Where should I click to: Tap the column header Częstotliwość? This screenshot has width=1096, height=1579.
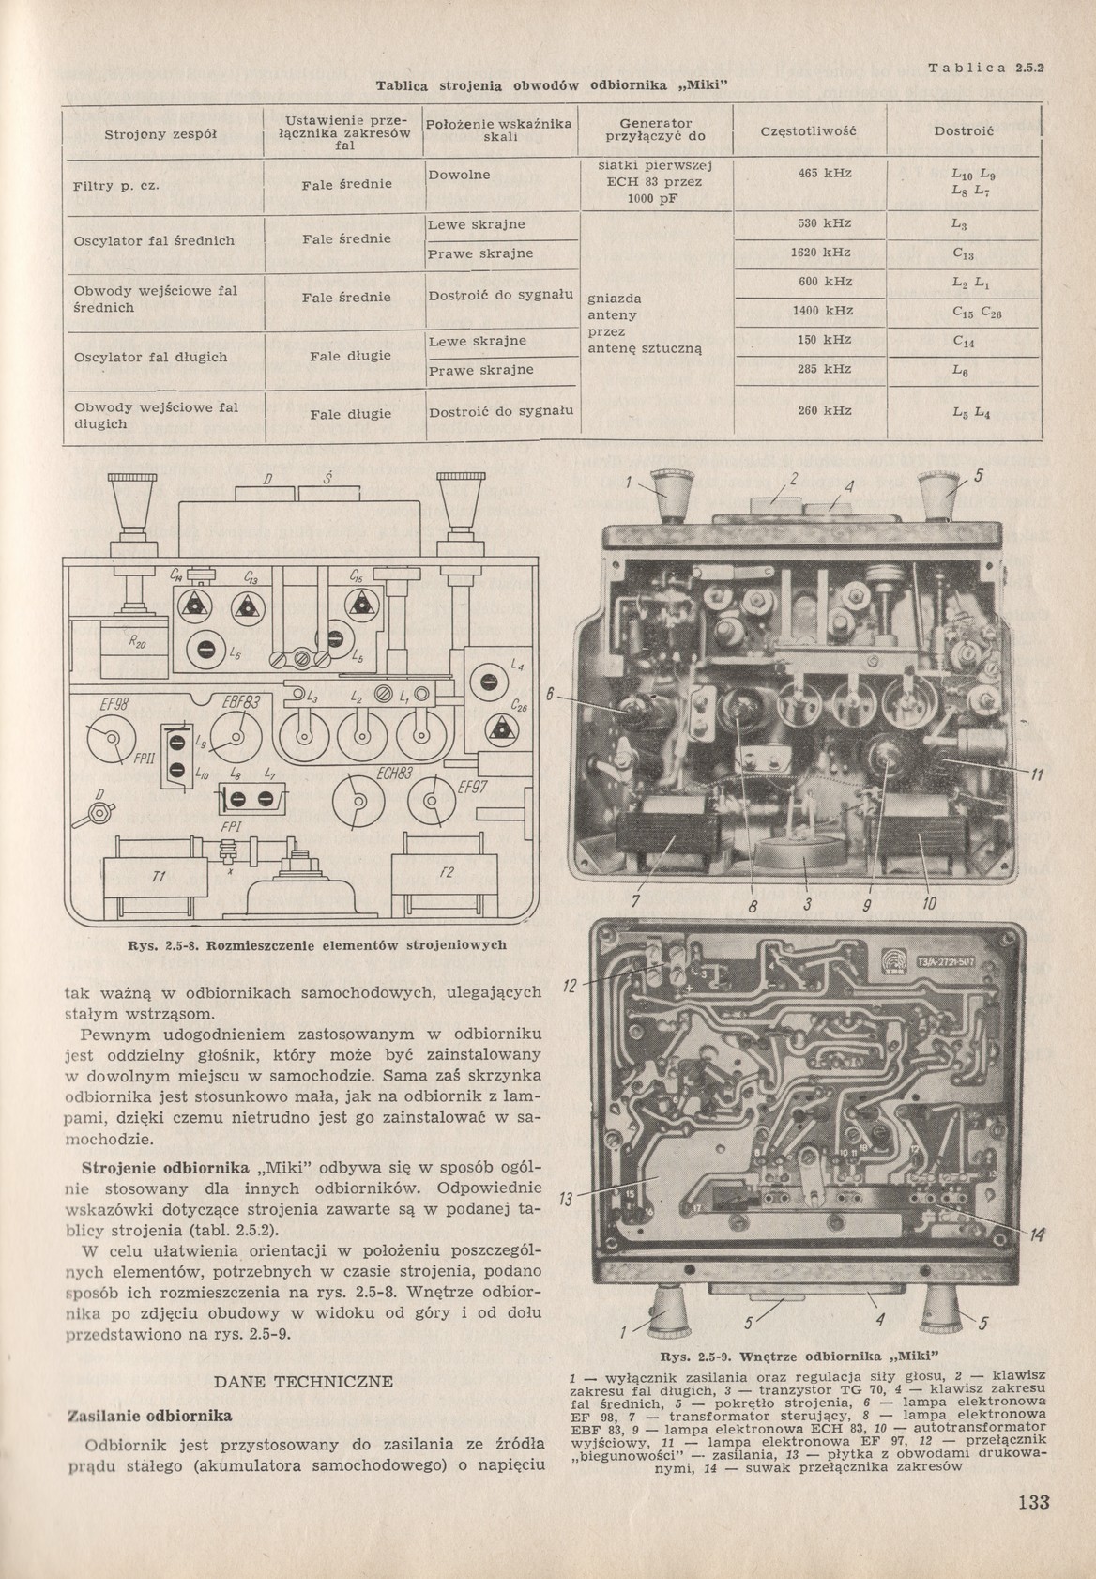point(809,130)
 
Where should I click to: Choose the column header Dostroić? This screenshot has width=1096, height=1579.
point(964,130)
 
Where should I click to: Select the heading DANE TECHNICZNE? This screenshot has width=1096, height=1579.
point(303,1381)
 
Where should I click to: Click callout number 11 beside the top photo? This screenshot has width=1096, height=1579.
point(1037,775)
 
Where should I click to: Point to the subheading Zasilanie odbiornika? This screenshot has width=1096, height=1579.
point(148,1415)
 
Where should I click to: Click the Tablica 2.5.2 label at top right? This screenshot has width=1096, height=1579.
point(986,68)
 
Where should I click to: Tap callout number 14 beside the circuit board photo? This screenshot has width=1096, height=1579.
point(1037,1234)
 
